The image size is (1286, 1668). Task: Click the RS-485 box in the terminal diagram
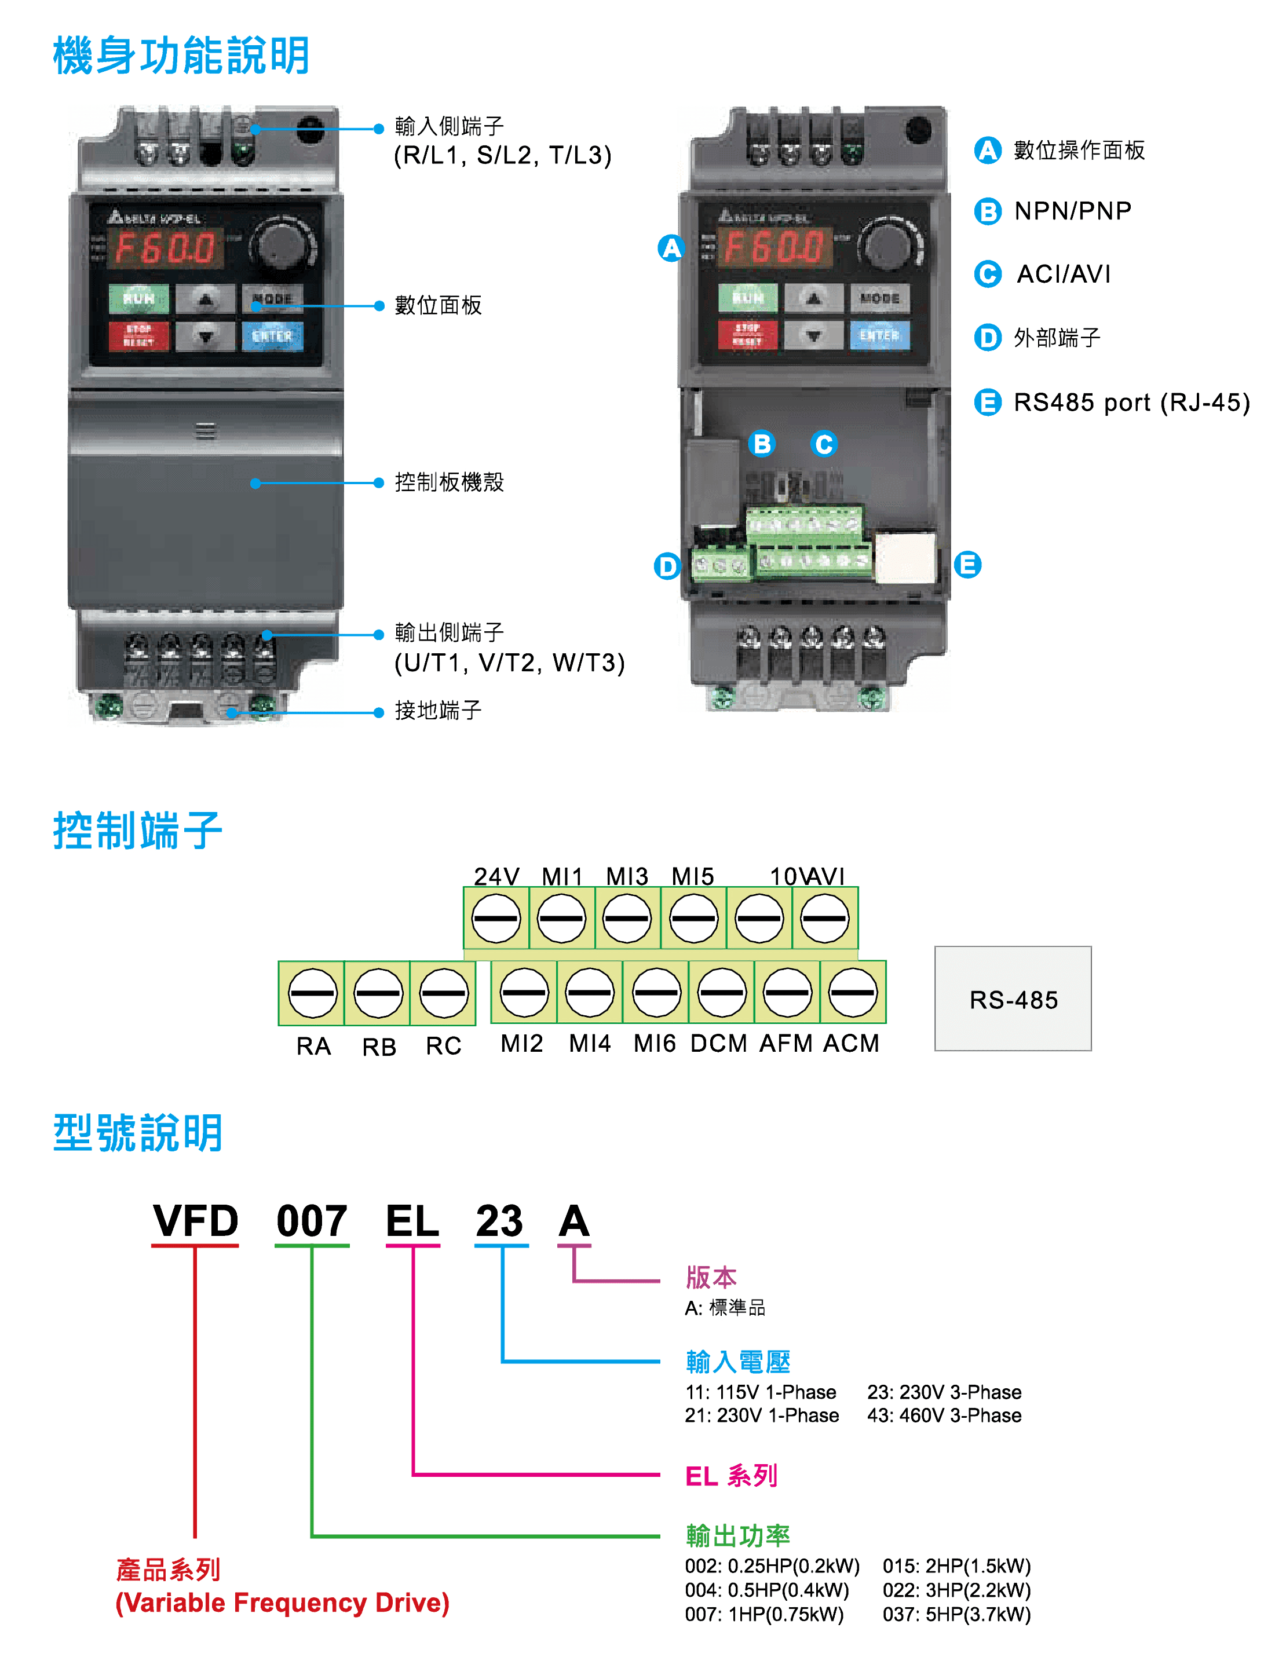[x=1012, y=998]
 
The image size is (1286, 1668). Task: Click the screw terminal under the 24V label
[x=496, y=918]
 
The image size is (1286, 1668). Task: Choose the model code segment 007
[x=312, y=1220]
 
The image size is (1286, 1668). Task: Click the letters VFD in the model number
[x=195, y=1220]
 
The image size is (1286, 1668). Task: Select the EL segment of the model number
[x=412, y=1220]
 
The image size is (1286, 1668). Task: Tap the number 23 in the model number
[x=499, y=1220]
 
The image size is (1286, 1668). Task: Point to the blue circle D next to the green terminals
[x=667, y=566]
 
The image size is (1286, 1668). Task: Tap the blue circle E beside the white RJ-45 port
[x=967, y=565]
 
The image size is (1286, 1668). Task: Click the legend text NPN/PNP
[x=1072, y=211]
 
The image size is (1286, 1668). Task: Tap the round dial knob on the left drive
[x=281, y=244]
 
